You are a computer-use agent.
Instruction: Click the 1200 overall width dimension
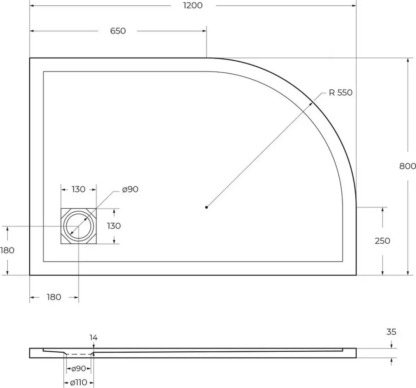coord(193,5)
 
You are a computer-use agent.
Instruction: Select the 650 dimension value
coord(118,31)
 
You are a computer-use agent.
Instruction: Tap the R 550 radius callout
coord(340,93)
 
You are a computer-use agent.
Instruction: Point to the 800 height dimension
coord(408,166)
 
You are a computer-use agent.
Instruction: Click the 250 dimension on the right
coord(382,241)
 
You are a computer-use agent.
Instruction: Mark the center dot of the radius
coord(206,207)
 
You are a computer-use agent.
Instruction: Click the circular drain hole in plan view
coord(78,226)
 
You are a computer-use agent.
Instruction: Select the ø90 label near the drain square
coord(130,189)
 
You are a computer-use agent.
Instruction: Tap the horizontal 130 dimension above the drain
coord(78,189)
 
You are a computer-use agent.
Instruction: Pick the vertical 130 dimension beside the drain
coord(114,226)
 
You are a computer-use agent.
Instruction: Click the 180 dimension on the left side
coord(7,250)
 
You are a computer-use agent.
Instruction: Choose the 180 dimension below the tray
coord(54,297)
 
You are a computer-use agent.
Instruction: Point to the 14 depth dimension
coord(93,338)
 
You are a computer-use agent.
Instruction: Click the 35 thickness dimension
coord(391,332)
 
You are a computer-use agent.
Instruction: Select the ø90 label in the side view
coord(78,369)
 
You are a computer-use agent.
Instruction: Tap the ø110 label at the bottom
coord(78,382)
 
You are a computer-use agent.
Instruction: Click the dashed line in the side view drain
coord(78,354)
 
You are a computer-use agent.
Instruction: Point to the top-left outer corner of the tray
coord(30,58)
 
